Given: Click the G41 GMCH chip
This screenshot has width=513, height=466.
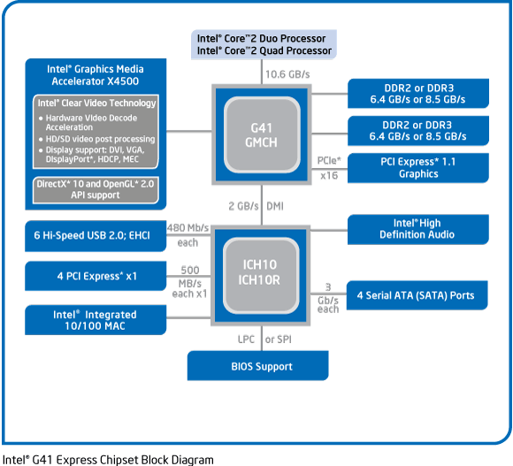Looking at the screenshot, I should (261, 133).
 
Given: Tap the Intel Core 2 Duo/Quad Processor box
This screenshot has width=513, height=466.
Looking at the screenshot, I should (264, 44).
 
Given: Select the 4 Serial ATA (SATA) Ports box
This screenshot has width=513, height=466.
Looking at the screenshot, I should (417, 294).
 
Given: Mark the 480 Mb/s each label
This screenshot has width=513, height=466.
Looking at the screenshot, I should (187, 233).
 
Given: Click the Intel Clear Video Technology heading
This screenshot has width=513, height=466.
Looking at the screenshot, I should (96, 103).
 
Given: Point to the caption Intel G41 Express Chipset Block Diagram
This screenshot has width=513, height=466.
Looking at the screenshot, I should (108, 459).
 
